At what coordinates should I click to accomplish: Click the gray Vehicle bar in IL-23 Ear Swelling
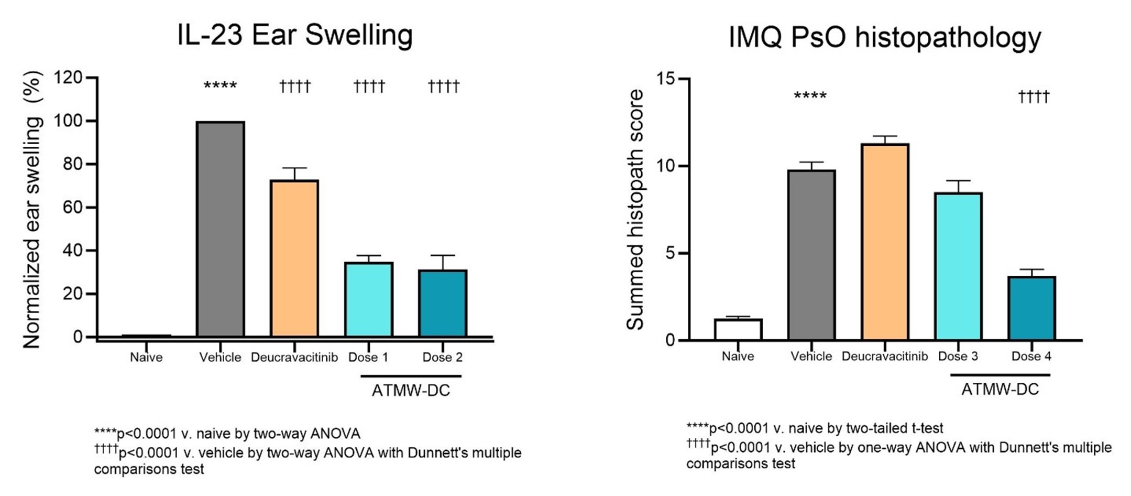pos(220,229)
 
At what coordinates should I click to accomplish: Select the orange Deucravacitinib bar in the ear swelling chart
pos(294,258)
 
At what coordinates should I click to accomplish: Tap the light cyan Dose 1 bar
pos(369,299)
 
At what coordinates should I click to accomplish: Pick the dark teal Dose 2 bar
pos(443,303)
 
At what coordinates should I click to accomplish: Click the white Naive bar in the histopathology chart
pos(738,329)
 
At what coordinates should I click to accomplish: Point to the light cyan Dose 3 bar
pos(958,266)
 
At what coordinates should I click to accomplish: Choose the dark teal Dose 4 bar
pos(1031,308)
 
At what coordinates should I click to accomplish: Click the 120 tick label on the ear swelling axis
pos(68,78)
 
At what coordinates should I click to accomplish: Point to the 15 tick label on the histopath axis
pos(666,79)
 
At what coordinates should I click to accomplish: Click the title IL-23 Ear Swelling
pos(295,36)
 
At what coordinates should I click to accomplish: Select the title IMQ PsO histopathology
pos(884,38)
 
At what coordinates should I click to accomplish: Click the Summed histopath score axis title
pos(635,210)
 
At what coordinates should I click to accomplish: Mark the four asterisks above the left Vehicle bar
pos(220,85)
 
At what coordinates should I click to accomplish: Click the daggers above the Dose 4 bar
pos(1034,97)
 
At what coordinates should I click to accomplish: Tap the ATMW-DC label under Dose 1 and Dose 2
pos(411,391)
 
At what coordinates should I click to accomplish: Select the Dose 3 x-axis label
pos(958,357)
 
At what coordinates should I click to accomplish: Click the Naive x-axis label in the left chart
pos(146,358)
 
